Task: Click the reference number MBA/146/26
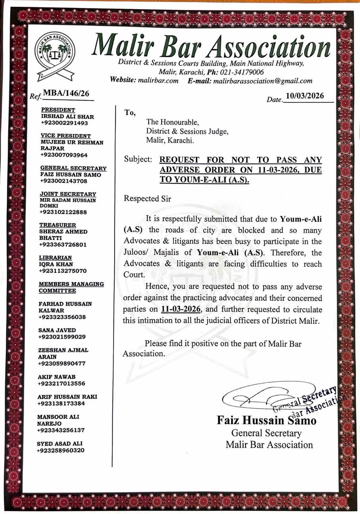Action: [x=66, y=93]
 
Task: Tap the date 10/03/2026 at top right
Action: [x=305, y=96]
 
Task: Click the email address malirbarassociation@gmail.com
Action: [x=263, y=81]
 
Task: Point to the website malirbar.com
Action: [x=158, y=81]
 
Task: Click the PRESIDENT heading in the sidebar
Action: [x=58, y=110]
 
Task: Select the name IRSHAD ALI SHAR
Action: [x=67, y=117]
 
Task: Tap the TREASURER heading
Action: [x=58, y=225]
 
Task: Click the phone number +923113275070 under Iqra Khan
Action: [x=63, y=271]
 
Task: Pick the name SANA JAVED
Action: [x=57, y=330]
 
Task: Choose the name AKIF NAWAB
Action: [x=56, y=377]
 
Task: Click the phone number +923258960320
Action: [x=61, y=450]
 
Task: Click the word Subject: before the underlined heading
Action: [x=138, y=159]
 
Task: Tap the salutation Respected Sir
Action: [x=148, y=199]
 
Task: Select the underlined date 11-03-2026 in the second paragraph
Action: [x=181, y=309]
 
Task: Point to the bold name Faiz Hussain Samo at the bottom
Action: [x=266, y=420]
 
